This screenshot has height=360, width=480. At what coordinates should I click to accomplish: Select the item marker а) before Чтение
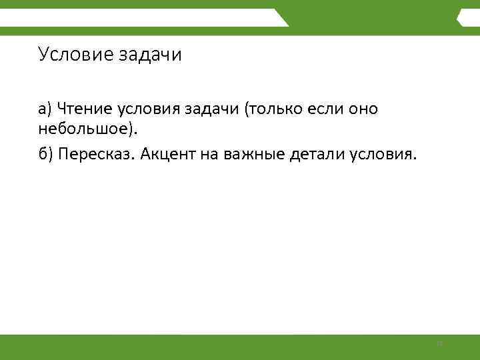(45, 109)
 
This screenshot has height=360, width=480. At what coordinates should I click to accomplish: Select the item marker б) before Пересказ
(45, 155)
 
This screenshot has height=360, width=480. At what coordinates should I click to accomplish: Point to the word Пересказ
(96, 155)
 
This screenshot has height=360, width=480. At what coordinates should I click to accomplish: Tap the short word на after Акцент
(207, 155)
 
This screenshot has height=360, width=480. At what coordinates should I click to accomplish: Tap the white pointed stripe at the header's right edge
(460, 19)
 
